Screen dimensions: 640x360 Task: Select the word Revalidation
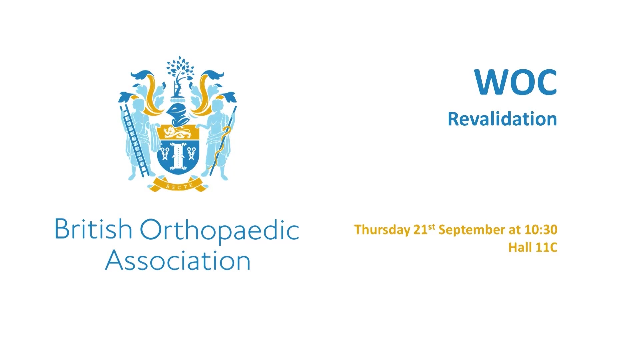click(502, 119)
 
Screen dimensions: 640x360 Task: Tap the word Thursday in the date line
click(382, 230)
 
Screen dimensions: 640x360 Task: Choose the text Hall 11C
click(533, 247)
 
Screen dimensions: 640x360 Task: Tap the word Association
click(178, 260)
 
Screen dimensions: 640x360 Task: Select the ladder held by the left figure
click(135, 140)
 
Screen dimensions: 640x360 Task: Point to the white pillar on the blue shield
click(178, 156)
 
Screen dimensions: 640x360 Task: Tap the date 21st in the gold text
click(424, 229)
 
